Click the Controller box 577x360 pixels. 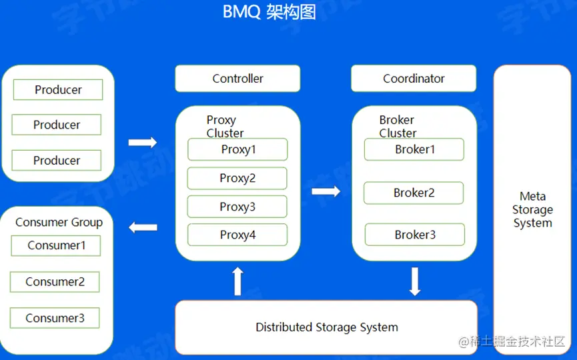(x=237, y=79)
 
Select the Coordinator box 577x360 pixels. (x=414, y=79)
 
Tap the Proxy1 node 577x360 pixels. (x=237, y=149)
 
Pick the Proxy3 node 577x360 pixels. (x=237, y=207)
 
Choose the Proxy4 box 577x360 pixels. (x=237, y=235)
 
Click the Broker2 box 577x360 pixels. (x=414, y=193)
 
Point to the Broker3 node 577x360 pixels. (x=414, y=235)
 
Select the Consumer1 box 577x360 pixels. (x=56, y=245)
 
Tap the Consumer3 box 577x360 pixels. (x=55, y=318)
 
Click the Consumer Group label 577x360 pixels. (x=59, y=222)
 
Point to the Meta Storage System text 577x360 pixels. (x=532, y=209)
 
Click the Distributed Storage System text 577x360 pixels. (x=326, y=327)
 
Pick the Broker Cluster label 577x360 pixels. (x=398, y=126)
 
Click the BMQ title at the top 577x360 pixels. (x=269, y=12)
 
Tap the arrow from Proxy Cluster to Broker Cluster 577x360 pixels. (x=326, y=192)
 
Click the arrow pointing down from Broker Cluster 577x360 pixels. (x=415, y=281)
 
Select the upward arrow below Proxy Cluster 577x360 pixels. (x=237, y=281)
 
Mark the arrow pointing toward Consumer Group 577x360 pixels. (x=143, y=227)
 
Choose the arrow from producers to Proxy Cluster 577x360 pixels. (x=143, y=142)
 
